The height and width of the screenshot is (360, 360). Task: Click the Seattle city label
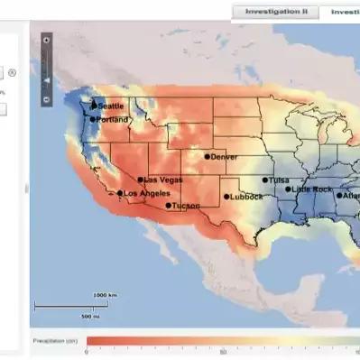pyautogui.click(x=112, y=106)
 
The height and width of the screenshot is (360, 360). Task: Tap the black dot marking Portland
pyautogui.click(x=92, y=119)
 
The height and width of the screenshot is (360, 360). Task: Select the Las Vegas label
pyautogui.click(x=163, y=179)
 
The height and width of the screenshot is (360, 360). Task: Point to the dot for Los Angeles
pyautogui.click(x=120, y=193)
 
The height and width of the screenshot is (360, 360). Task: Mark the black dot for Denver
pyautogui.click(x=207, y=156)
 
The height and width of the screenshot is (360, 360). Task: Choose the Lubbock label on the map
pyautogui.click(x=246, y=197)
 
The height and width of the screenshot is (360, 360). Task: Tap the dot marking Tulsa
pyautogui.click(x=265, y=180)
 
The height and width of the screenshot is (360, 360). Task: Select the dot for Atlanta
pyautogui.click(x=340, y=196)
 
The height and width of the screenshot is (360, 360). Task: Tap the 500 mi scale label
pyautogui.click(x=90, y=317)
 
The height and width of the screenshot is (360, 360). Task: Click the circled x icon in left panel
pyautogui.click(x=13, y=71)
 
